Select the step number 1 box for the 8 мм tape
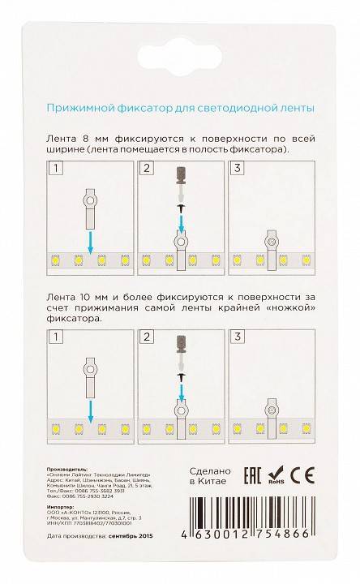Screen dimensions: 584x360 [55, 169]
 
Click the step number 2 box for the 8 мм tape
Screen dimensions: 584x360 [147, 169]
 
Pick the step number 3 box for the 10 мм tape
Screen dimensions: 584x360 [237, 335]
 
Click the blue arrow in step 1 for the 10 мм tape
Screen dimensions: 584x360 [90, 403]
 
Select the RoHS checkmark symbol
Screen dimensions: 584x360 [281, 474]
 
